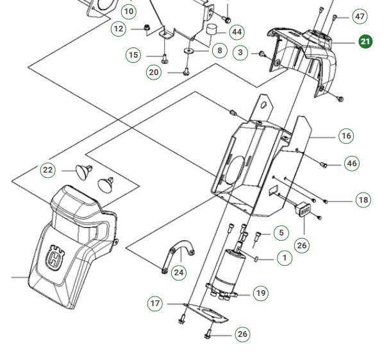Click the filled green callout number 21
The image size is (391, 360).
[365, 42]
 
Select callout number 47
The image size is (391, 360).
[360, 17]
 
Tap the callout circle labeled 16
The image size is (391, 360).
[346, 136]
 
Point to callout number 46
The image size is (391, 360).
[351, 164]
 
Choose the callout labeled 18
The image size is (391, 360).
[363, 200]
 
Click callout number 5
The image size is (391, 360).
[281, 233]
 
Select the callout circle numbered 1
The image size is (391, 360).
[284, 258]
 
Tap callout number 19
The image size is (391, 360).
[260, 293]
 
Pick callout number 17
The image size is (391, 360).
[155, 303]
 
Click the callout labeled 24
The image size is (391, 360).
[179, 273]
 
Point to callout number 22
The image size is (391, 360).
[48, 170]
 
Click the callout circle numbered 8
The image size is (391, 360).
[219, 50]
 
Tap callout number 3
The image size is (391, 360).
[240, 53]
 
